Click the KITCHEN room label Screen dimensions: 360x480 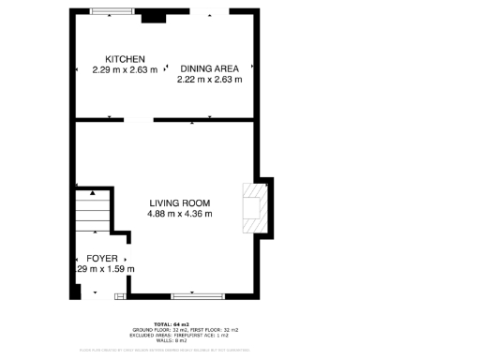click(125, 59)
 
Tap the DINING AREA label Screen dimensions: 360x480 click(210, 68)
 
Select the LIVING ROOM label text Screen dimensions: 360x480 click(179, 202)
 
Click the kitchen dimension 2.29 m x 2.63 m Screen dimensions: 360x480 click(125, 69)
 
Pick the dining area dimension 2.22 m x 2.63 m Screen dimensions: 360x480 click(210, 80)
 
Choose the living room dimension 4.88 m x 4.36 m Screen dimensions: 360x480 click(179, 214)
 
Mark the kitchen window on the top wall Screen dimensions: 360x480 click(112, 12)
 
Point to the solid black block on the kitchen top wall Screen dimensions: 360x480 click(150, 16)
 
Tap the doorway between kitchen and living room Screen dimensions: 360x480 click(138, 120)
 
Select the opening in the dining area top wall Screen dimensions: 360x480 click(211, 11)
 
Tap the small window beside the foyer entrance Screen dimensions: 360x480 click(120, 296)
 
